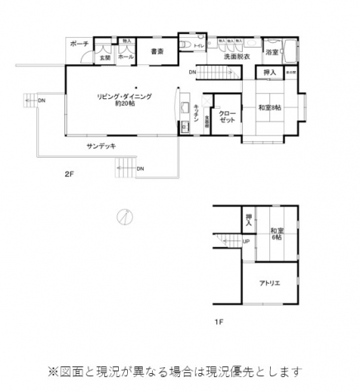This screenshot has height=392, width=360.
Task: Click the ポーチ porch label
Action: coord(79,43)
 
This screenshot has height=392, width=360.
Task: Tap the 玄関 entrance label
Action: coord(105,58)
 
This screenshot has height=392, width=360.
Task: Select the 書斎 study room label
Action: coord(157,52)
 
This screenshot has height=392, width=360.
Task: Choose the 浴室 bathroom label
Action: coord(272,53)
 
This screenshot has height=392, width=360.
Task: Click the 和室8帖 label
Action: coord(269,107)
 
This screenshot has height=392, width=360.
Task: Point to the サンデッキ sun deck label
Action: coord(101,145)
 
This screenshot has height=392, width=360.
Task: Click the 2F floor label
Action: coord(70,175)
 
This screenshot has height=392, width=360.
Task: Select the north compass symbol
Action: coord(123,217)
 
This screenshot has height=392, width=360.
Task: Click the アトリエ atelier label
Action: coord(269,282)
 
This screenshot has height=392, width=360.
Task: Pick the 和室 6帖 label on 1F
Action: coord(277,234)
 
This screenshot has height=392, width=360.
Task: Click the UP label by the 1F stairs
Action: coord(246,241)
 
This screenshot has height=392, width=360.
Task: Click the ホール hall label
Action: coord(126,58)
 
